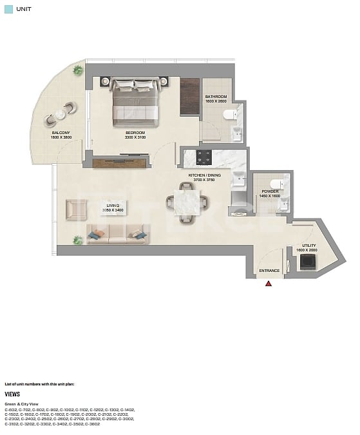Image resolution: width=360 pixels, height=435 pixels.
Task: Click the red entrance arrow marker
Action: tap(269, 282)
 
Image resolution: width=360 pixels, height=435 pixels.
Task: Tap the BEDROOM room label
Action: tap(135, 133)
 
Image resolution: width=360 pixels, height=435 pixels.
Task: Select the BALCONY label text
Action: tap(61, 133)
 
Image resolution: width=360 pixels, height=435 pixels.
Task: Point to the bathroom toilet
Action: tap(229, 115)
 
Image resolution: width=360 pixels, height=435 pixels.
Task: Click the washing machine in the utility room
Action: tap(308, 261)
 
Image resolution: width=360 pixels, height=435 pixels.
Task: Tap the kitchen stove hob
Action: tap(204, 157)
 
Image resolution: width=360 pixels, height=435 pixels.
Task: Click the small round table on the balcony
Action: tap(61, 114)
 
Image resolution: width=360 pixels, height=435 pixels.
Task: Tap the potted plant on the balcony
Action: tap(79, 70)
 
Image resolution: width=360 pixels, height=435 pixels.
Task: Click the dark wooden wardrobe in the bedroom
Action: tap(189, 97)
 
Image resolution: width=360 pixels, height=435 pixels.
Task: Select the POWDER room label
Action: tap(269, 191)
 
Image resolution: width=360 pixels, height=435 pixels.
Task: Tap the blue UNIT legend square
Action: tap(8, 9)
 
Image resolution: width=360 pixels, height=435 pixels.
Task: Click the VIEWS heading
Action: tap(13, 393)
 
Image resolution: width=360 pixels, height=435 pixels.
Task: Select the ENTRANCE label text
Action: tap(269, 271)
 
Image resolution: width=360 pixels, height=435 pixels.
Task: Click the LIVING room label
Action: tap(114, 206)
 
